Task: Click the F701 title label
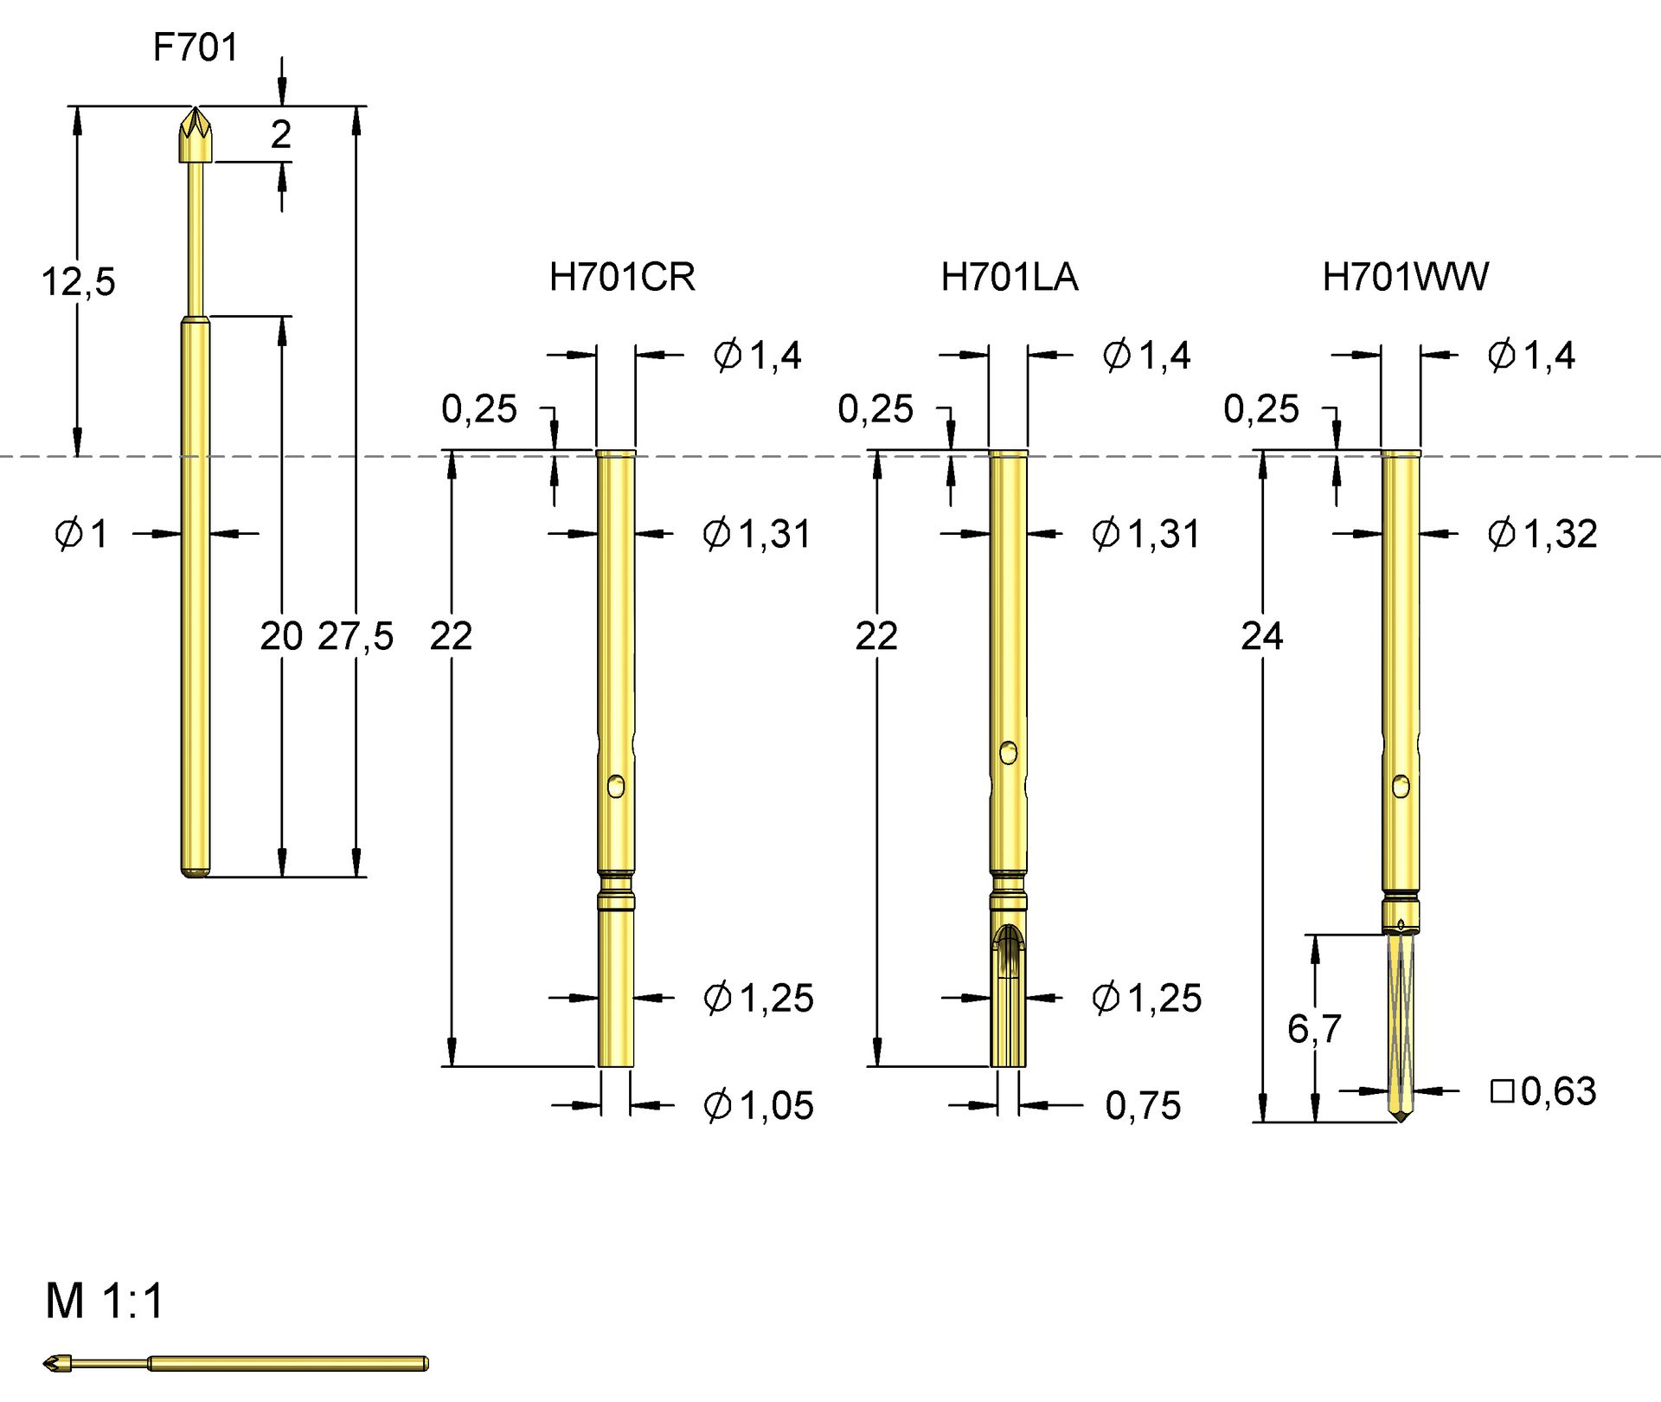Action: (x=195, y=48)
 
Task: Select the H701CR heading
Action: (x=622, y=278)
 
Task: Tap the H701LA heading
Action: (x=1010, y=278)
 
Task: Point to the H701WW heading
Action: (x=1406, y=278)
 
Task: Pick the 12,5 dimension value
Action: (x=79, y=282)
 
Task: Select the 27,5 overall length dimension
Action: (x=356, y=637)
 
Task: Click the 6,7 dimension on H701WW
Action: (x=1314, y=1029)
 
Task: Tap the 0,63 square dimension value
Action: (x=1558, y=1091)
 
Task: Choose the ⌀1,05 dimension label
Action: (x=759, y=1106)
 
